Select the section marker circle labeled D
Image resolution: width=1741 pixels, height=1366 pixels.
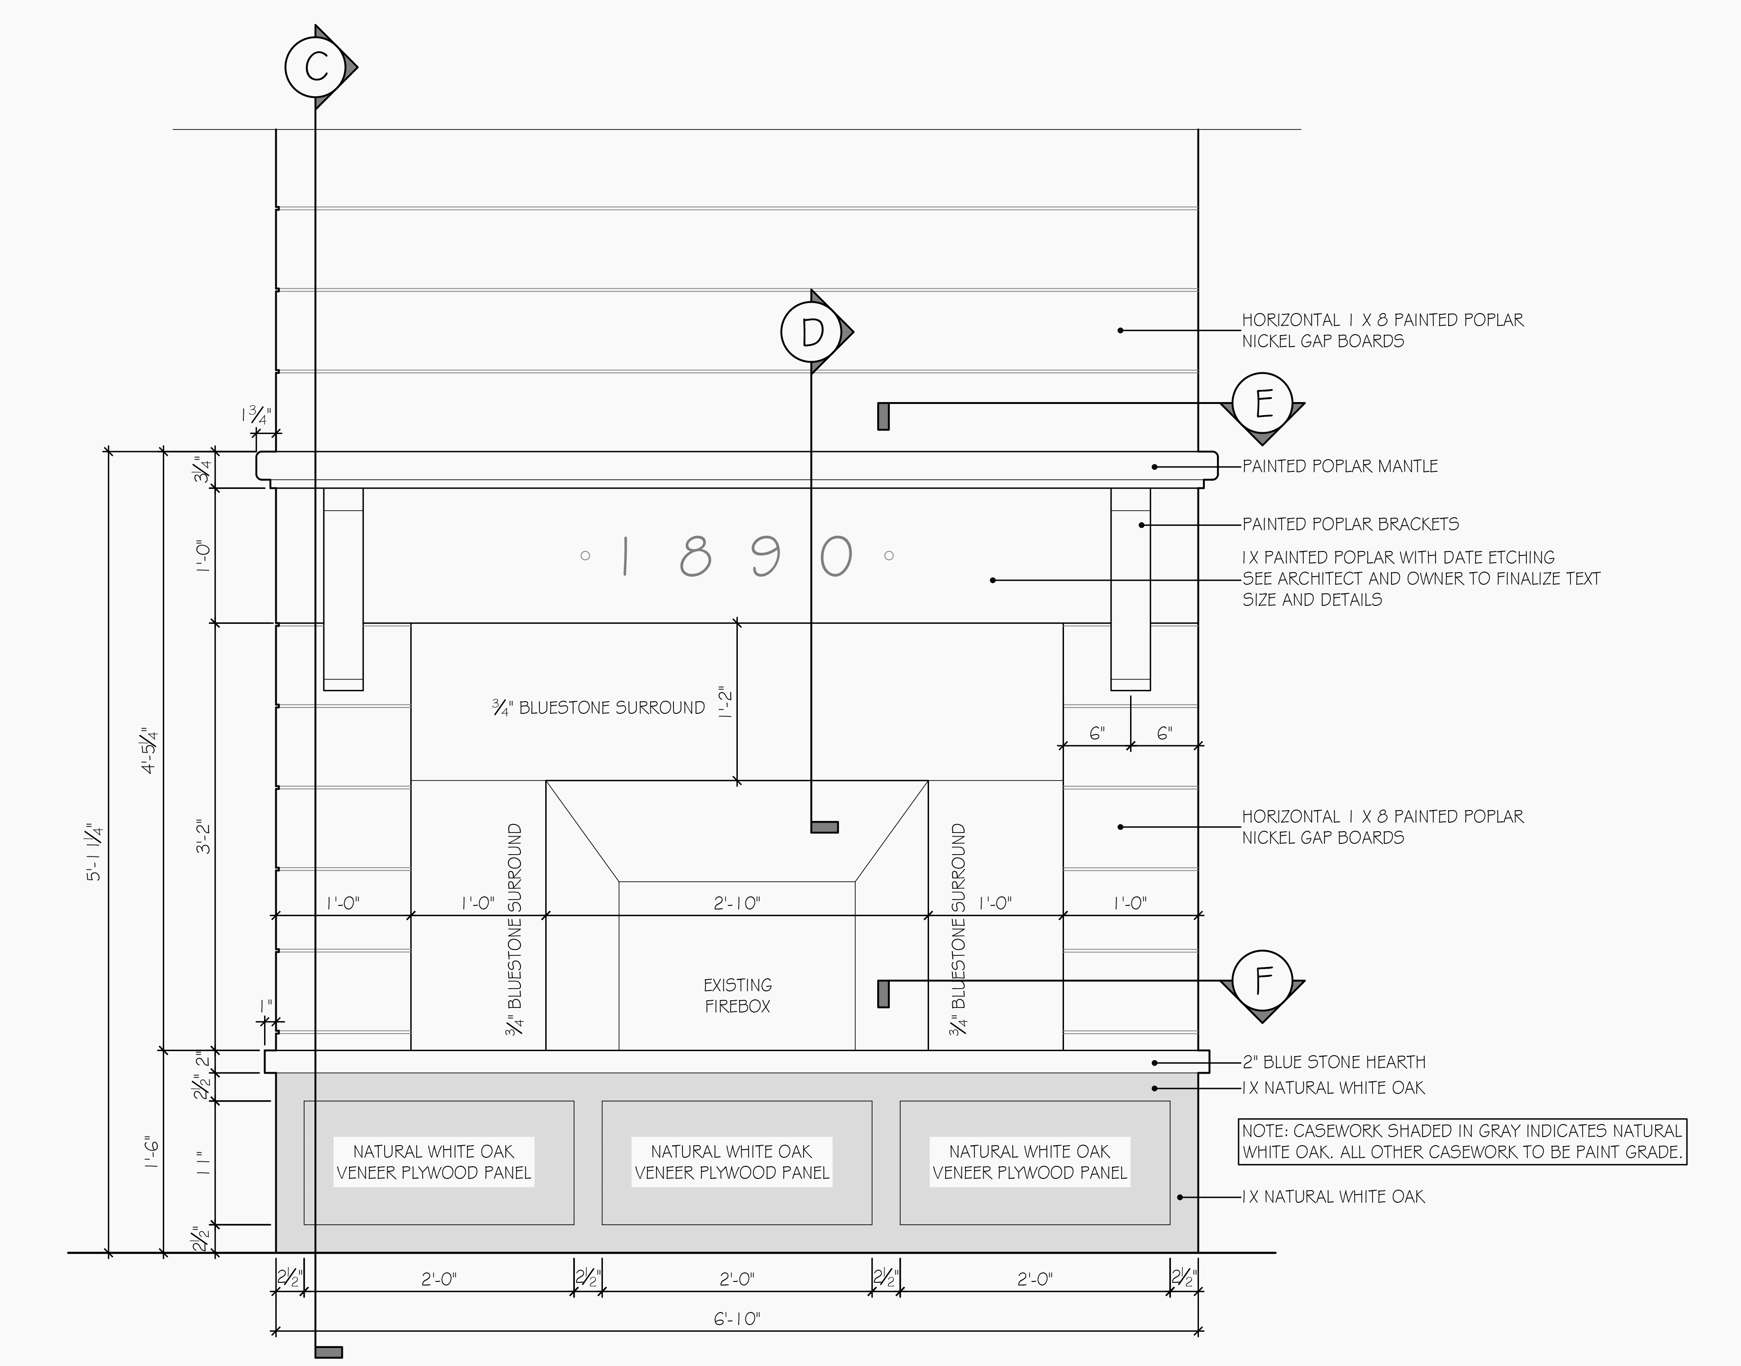click(x=812, y=331)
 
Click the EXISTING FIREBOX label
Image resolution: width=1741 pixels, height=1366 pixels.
click(x=737, y=996)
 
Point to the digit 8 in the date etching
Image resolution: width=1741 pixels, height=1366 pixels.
click(x=695, y=556)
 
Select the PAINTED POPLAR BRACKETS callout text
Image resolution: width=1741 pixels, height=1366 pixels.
click(x=1350, y=524)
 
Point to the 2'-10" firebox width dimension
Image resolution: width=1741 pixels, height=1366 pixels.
click(x=736, y=903)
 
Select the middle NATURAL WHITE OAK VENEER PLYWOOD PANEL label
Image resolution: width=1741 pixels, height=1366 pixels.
click(x=732, y=1162)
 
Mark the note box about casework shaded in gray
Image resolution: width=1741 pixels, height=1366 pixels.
click(x=1462, y=1141)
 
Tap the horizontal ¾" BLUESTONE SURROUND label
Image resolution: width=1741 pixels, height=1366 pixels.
click(x=598, y=708)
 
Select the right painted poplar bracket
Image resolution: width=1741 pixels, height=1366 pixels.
click(x=1131, y=589)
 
